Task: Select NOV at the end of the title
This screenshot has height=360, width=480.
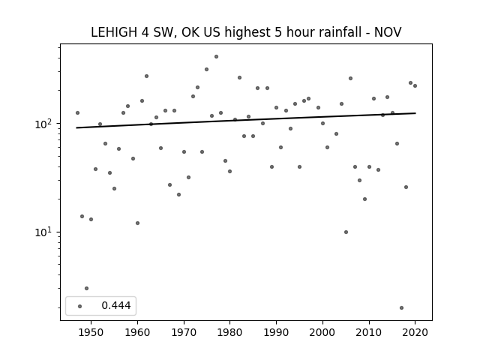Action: [x=388, y=32]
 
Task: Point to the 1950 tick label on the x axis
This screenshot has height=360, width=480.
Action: [x=91, y=332]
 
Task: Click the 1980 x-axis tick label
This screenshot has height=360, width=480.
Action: [x=230, y=332]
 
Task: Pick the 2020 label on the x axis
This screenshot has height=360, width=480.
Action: [x=415, y=332]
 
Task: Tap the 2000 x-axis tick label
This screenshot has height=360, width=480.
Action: [x=322, y=332]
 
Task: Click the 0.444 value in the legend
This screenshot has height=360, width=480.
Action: [x=116, y=305]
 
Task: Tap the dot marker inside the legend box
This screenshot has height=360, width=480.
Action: [x=80, y=306]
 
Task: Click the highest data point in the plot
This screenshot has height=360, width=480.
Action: [x=217, y=57]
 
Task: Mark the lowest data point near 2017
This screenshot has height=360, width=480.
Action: [x=402, y=308]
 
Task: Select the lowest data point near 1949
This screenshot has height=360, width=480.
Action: [x=87, y=288]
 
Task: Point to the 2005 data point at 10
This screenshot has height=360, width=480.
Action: [x=346, y=232]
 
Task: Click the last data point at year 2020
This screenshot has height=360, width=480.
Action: [x=415, y=86]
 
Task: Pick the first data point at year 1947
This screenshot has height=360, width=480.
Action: [x=77, y=113]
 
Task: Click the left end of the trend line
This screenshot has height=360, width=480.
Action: [x=76, y=127]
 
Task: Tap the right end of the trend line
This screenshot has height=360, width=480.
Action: [x=415, y=113]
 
